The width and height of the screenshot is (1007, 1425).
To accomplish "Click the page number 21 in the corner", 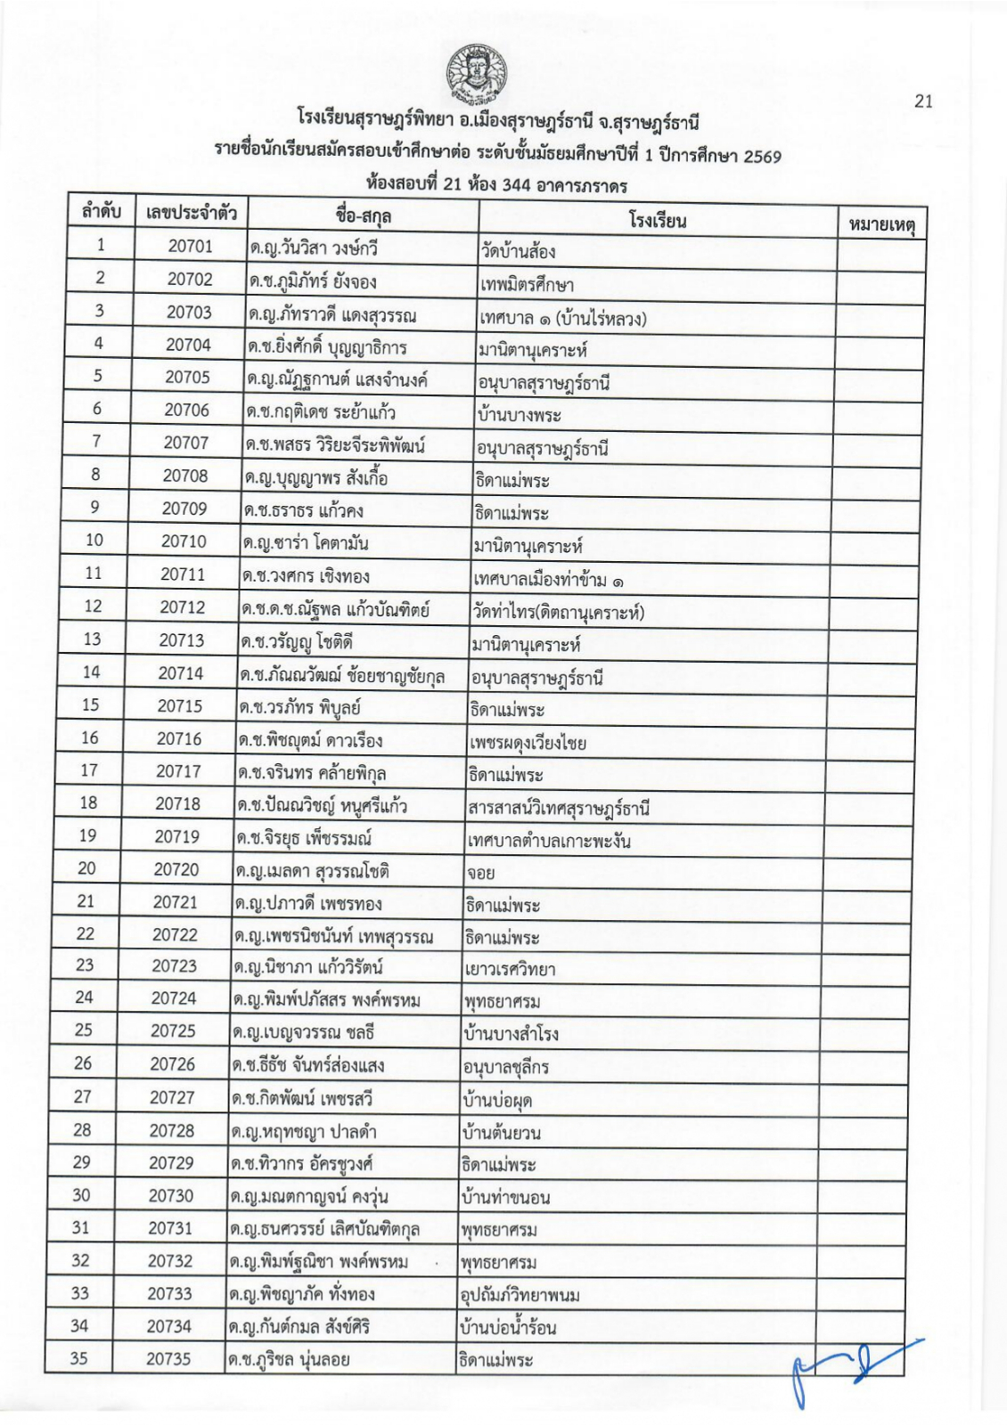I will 923,101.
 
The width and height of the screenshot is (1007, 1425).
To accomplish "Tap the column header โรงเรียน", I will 657,220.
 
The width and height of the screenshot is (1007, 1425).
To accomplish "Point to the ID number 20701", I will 190,246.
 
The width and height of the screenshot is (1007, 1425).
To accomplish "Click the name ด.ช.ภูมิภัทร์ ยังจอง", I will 313,281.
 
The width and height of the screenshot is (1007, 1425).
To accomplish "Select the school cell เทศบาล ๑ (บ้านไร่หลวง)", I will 562,318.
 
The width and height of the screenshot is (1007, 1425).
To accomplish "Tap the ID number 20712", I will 183,607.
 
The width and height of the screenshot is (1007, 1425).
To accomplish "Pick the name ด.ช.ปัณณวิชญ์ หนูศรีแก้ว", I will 323,805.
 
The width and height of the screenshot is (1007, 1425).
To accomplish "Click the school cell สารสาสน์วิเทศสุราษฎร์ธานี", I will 559,809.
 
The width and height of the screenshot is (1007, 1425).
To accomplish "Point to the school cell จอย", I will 480,874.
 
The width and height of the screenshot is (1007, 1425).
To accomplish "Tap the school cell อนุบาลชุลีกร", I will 506,1067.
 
